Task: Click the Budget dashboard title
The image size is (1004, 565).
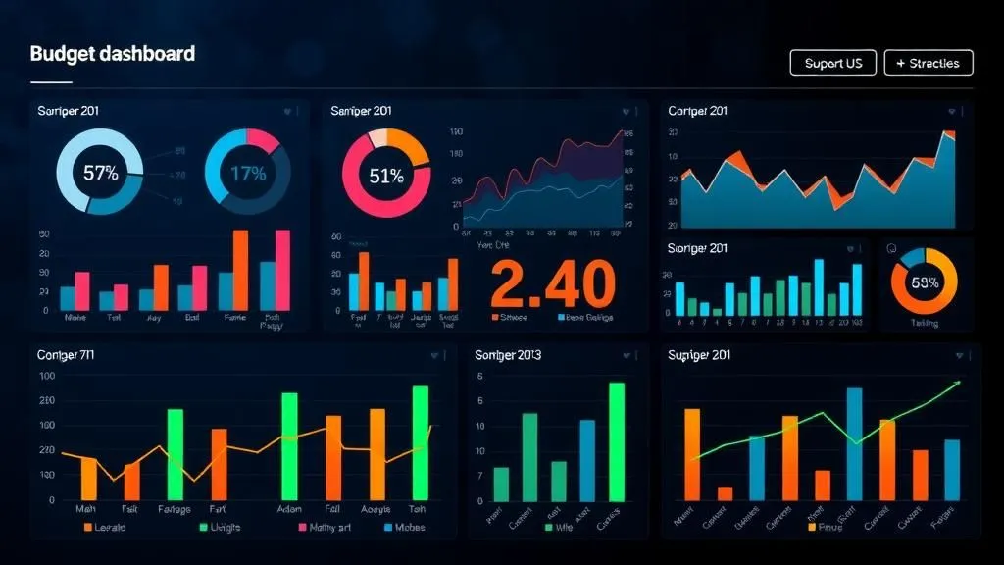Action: (113, 53)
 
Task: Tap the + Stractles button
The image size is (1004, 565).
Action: (928, 63)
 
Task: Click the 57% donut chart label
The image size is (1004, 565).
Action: (100, 174)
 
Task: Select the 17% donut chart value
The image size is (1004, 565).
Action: (248, 174)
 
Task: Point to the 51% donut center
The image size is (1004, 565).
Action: (386, 176)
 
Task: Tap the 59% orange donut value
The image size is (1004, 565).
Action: (925, 282)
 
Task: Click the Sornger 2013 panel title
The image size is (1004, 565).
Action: (508, 354)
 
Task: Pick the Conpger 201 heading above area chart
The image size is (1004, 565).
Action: (698, 111)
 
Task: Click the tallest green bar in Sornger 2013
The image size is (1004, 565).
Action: (616, 441)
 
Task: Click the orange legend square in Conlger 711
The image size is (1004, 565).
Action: (87, 528)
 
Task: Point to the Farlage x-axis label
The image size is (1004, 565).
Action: (174, 509)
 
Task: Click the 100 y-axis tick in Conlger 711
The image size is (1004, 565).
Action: (46, 425)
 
